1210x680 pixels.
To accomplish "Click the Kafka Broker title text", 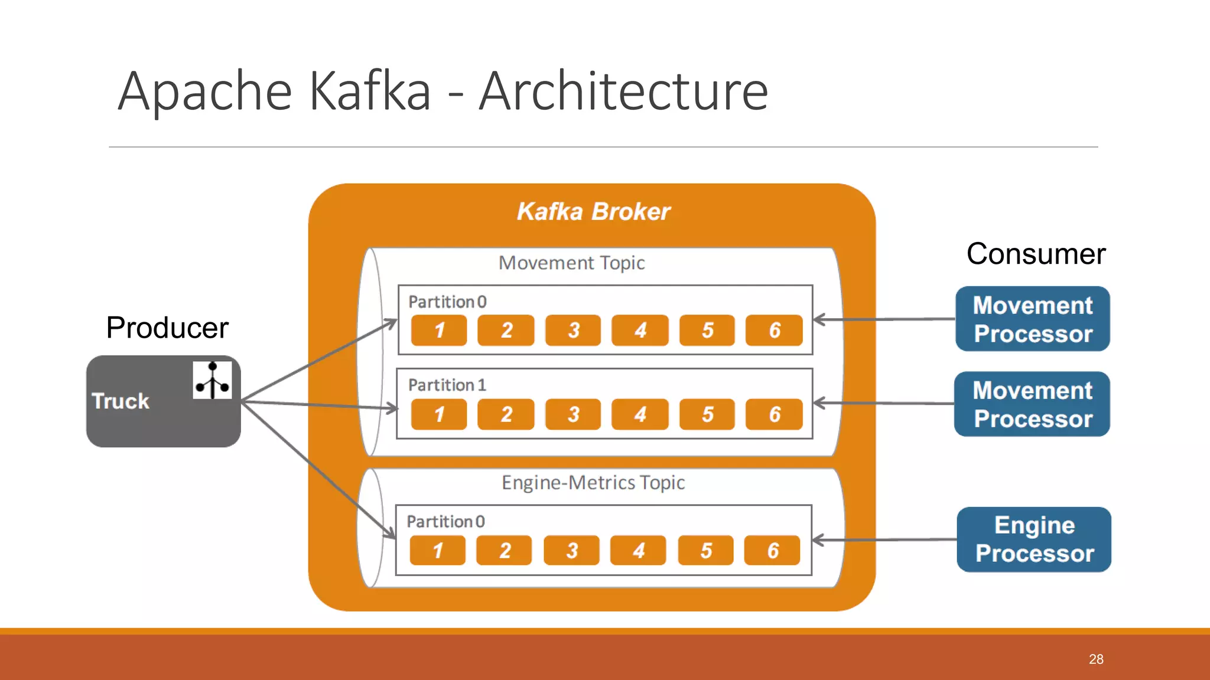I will click(593, 211).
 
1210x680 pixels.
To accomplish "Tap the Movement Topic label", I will click(571, 263).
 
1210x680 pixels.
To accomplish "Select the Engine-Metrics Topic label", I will click(593, 483).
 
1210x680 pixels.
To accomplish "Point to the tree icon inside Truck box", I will click(212, 380).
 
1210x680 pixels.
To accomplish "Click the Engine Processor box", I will click(1034, 540).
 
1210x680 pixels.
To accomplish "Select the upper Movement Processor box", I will click(1033, 319).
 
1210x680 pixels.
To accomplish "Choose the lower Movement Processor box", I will click(1032, 404).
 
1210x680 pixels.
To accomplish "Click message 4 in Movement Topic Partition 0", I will click(640, 331).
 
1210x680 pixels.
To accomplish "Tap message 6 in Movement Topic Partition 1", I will click(774, 414).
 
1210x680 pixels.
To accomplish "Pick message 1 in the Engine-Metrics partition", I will click(438, 551).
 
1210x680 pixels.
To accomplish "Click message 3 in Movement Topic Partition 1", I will click(573, 414).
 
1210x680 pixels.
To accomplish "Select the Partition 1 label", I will click(447, 385).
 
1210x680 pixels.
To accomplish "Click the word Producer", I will click(167, 328).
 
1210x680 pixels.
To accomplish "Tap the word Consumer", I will click(1036, 254).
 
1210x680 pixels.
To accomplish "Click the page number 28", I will click(1096, 659).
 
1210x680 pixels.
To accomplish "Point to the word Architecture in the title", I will click(623, 91).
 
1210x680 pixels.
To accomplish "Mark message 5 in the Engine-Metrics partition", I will click(706, 551).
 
